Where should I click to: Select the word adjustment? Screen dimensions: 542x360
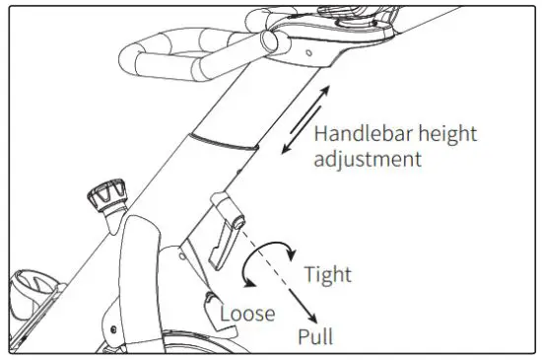pyautogui.click(x=366, y=158)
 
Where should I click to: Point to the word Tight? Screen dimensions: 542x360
pyautogui.click(x=327, y=274)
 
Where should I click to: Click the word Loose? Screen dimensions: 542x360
pyautogui.click(x=247, y=314)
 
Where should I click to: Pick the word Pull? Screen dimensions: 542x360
pyautogui.click(x=315, y=336)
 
